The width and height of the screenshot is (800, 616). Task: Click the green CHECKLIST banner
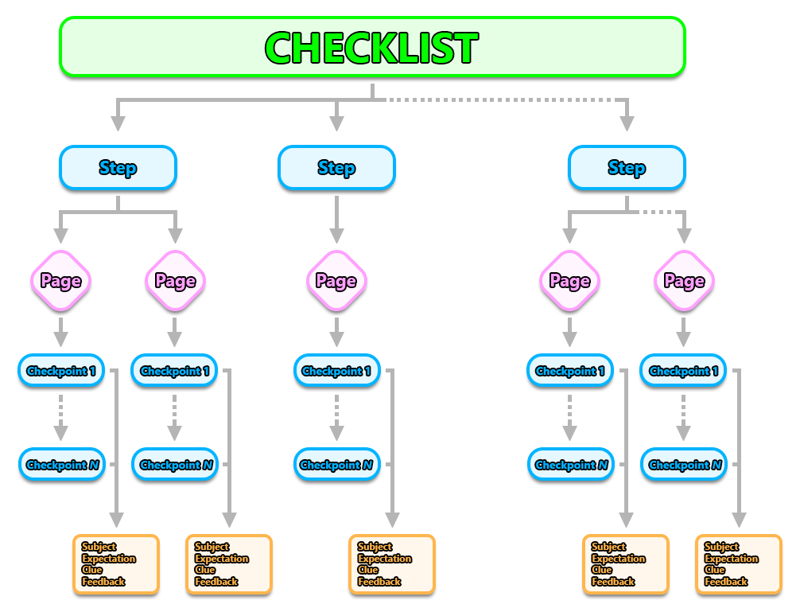tap(372, 48)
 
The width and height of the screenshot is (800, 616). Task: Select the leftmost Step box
tap(118, 168)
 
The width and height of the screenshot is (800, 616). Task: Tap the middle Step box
tap(336, 168)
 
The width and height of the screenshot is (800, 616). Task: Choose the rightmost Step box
tap(627, 168)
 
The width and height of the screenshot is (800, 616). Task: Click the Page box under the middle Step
tap(336, 281)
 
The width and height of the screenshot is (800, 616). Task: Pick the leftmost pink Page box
tap(60, 281)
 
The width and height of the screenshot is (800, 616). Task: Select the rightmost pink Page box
tap(684, 281)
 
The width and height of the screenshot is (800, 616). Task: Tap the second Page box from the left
tap(175, 281)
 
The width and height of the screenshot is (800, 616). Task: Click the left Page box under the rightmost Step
tap(569, 281)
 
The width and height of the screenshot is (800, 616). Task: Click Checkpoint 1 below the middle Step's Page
tap(336, 371)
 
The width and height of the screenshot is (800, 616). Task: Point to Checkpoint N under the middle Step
tap(336, 465)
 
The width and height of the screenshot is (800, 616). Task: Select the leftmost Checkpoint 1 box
tap(60, 371)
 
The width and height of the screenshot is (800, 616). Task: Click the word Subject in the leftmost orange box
tap(99, 547)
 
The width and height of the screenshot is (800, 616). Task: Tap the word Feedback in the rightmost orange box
tap(726, 582)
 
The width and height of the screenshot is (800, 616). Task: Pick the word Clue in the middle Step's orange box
tap(368, 570)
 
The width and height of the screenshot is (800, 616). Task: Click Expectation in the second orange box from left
tap(221, 559)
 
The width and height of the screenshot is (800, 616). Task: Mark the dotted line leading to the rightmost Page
tap(664, 212)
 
